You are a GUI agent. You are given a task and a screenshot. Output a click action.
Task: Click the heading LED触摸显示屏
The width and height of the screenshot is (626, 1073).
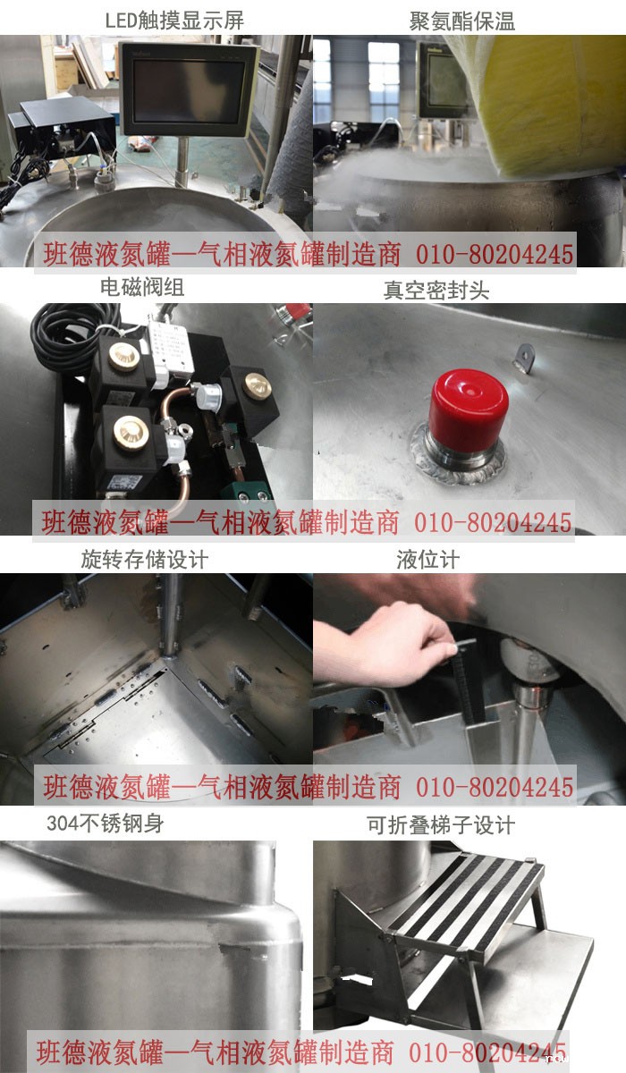coord(174,21)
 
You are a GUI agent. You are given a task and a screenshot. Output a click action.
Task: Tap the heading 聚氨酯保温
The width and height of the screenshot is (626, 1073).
coord(462,21)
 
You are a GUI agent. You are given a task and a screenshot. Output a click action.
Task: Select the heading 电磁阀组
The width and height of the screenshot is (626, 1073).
coord(142,287)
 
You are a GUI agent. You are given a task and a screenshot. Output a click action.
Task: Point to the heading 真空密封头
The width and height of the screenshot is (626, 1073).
coord(436,291)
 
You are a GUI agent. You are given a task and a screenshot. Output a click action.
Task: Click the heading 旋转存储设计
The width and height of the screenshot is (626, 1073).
coord(145,560)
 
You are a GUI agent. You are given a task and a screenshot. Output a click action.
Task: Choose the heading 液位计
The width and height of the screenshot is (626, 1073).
coord(428,560)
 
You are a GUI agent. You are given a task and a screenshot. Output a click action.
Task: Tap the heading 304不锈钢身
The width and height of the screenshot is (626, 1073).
coord(106,824)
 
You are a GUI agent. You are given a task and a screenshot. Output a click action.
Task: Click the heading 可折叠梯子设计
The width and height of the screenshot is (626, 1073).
coord(441,824)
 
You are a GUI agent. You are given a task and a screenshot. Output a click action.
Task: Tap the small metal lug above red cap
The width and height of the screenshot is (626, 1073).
coord(524,358)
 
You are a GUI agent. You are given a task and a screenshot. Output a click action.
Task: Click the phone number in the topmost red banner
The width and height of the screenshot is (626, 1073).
coord(495,254)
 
